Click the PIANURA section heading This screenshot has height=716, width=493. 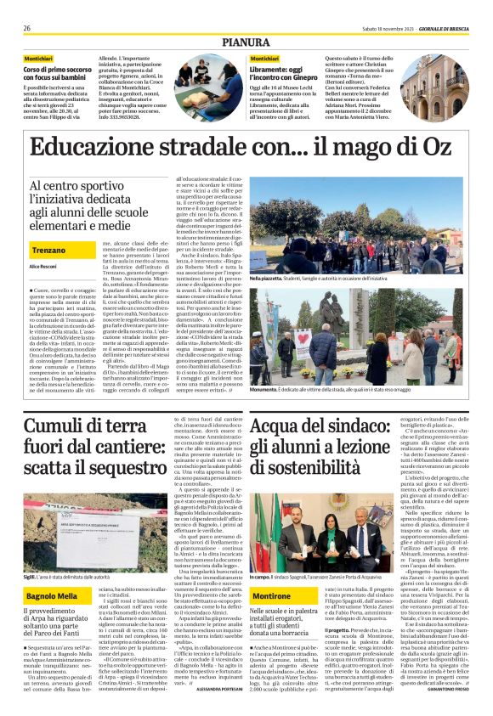(246, 41)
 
